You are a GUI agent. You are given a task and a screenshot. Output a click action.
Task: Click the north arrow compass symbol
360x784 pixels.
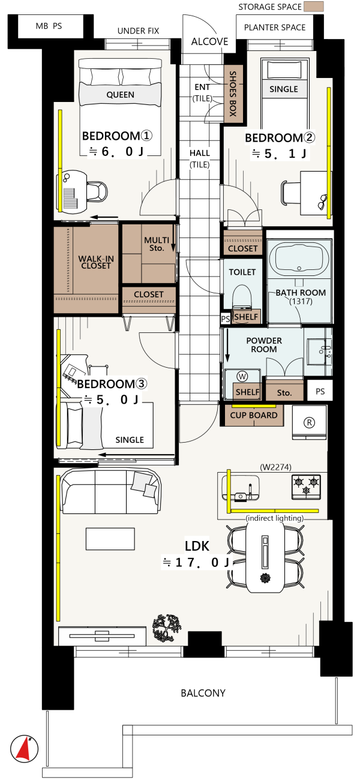[24, 749]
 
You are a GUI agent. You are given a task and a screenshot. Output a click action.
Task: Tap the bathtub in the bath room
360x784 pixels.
[299, 260]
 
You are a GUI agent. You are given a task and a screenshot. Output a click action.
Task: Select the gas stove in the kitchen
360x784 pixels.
[306, 487]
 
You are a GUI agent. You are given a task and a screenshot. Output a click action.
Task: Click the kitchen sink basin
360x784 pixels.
[241, 488]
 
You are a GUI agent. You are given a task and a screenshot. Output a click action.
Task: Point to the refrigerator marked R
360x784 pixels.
[309, 422]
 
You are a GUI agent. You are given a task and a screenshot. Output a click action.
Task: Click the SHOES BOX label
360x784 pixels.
[233, 94]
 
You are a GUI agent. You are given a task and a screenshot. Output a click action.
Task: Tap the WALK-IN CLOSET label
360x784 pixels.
[96, 262]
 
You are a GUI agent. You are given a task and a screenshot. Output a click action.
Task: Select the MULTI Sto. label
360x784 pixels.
[157, 244]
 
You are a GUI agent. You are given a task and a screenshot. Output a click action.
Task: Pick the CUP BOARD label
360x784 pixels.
[254, 415]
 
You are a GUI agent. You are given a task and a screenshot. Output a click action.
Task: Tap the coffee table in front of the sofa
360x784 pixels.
[110, 539]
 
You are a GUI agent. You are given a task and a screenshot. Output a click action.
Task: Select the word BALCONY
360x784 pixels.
[203, 693]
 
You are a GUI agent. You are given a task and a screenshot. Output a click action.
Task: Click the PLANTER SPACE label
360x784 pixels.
[275, 28]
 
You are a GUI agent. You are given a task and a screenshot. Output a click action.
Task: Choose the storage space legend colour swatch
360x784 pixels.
[313, 7]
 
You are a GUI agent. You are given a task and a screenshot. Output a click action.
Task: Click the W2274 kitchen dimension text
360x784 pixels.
[275, 467]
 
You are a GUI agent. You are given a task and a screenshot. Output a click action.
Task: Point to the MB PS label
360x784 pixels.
[49, 26]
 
